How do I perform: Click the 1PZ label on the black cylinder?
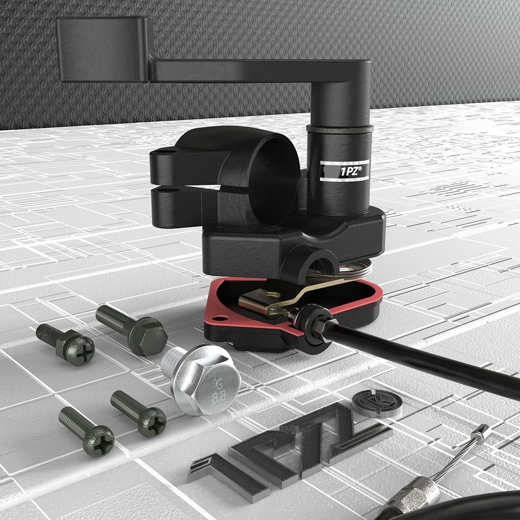[x=344, y=170]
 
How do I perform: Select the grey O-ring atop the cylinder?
[x=339, y=129]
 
